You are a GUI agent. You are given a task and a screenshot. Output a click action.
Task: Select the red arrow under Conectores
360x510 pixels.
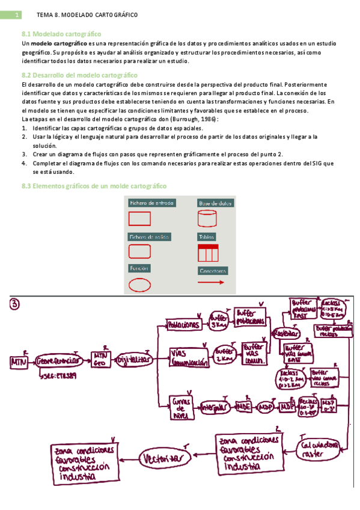click(211, 281)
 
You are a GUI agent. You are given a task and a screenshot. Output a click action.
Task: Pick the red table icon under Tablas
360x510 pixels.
click(207, 251)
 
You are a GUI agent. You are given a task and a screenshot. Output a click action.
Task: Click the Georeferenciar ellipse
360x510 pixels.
click(58, 362)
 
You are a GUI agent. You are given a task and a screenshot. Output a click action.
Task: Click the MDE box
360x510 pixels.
click(243, 406)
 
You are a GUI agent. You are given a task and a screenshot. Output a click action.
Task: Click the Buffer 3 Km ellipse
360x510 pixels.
click(219, 321)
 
